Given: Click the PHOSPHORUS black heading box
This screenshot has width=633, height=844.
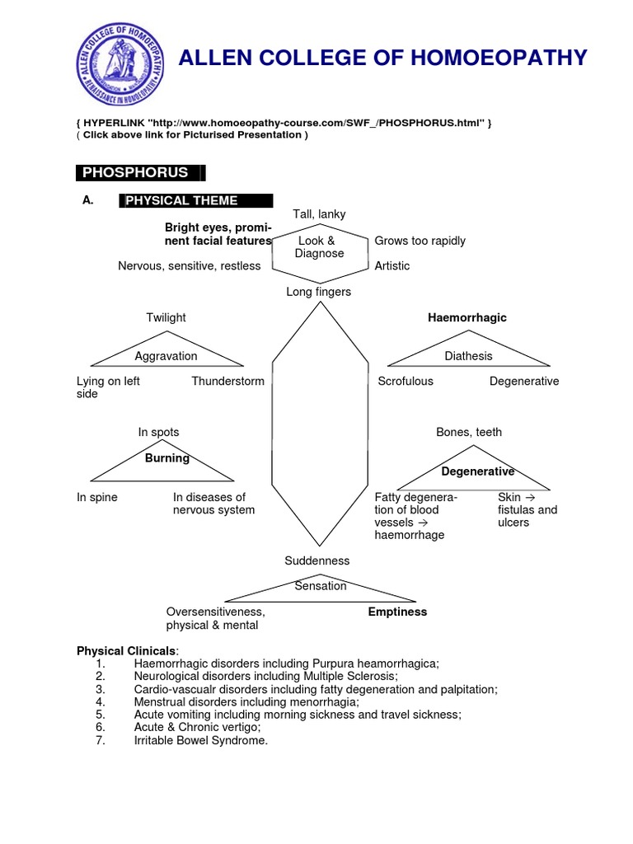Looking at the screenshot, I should (139, 172).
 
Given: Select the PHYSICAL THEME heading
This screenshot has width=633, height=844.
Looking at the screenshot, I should (196, 200).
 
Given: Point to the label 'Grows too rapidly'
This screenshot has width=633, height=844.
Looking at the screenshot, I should (420, 241).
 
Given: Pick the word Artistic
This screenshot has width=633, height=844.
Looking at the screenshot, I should (392, 265).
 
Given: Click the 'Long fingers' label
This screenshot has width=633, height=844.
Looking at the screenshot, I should (318, 292).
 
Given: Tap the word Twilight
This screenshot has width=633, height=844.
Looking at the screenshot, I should (166, 317).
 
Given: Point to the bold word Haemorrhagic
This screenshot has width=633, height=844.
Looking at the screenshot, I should (467, 317).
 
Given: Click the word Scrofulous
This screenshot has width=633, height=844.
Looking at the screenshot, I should (405, 381).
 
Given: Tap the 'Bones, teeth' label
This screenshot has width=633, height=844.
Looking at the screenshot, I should (468, 432).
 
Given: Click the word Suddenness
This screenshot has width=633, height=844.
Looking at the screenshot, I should (317, 560).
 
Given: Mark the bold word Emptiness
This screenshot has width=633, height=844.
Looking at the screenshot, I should (397, 612).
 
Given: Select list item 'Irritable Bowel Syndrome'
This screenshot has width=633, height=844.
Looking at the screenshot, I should (200, 740).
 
